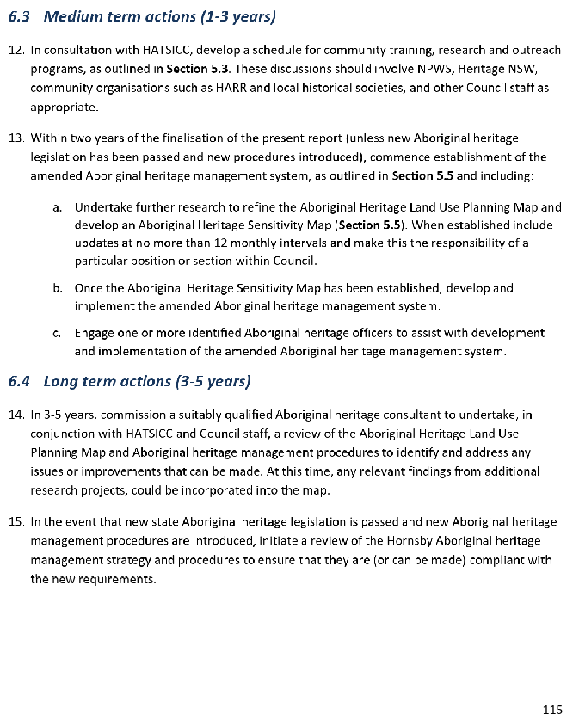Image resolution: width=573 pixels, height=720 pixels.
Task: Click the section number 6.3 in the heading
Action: [19, 16]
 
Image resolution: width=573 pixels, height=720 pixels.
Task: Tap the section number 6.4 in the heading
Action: [20, 380]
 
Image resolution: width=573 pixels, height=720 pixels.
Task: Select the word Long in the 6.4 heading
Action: [63, 380]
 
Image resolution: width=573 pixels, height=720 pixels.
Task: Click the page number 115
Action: [551, 709]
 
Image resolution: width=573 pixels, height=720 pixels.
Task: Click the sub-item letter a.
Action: [57, 207]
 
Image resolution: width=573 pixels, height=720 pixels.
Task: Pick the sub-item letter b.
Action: [57, 288]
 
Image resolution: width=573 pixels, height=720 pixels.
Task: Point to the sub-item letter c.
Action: [57, 333]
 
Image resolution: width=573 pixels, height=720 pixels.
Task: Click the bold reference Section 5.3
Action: [199, 69]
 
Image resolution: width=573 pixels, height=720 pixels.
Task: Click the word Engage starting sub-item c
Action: [95, 333]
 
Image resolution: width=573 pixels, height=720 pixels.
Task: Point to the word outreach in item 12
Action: [538, 50]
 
